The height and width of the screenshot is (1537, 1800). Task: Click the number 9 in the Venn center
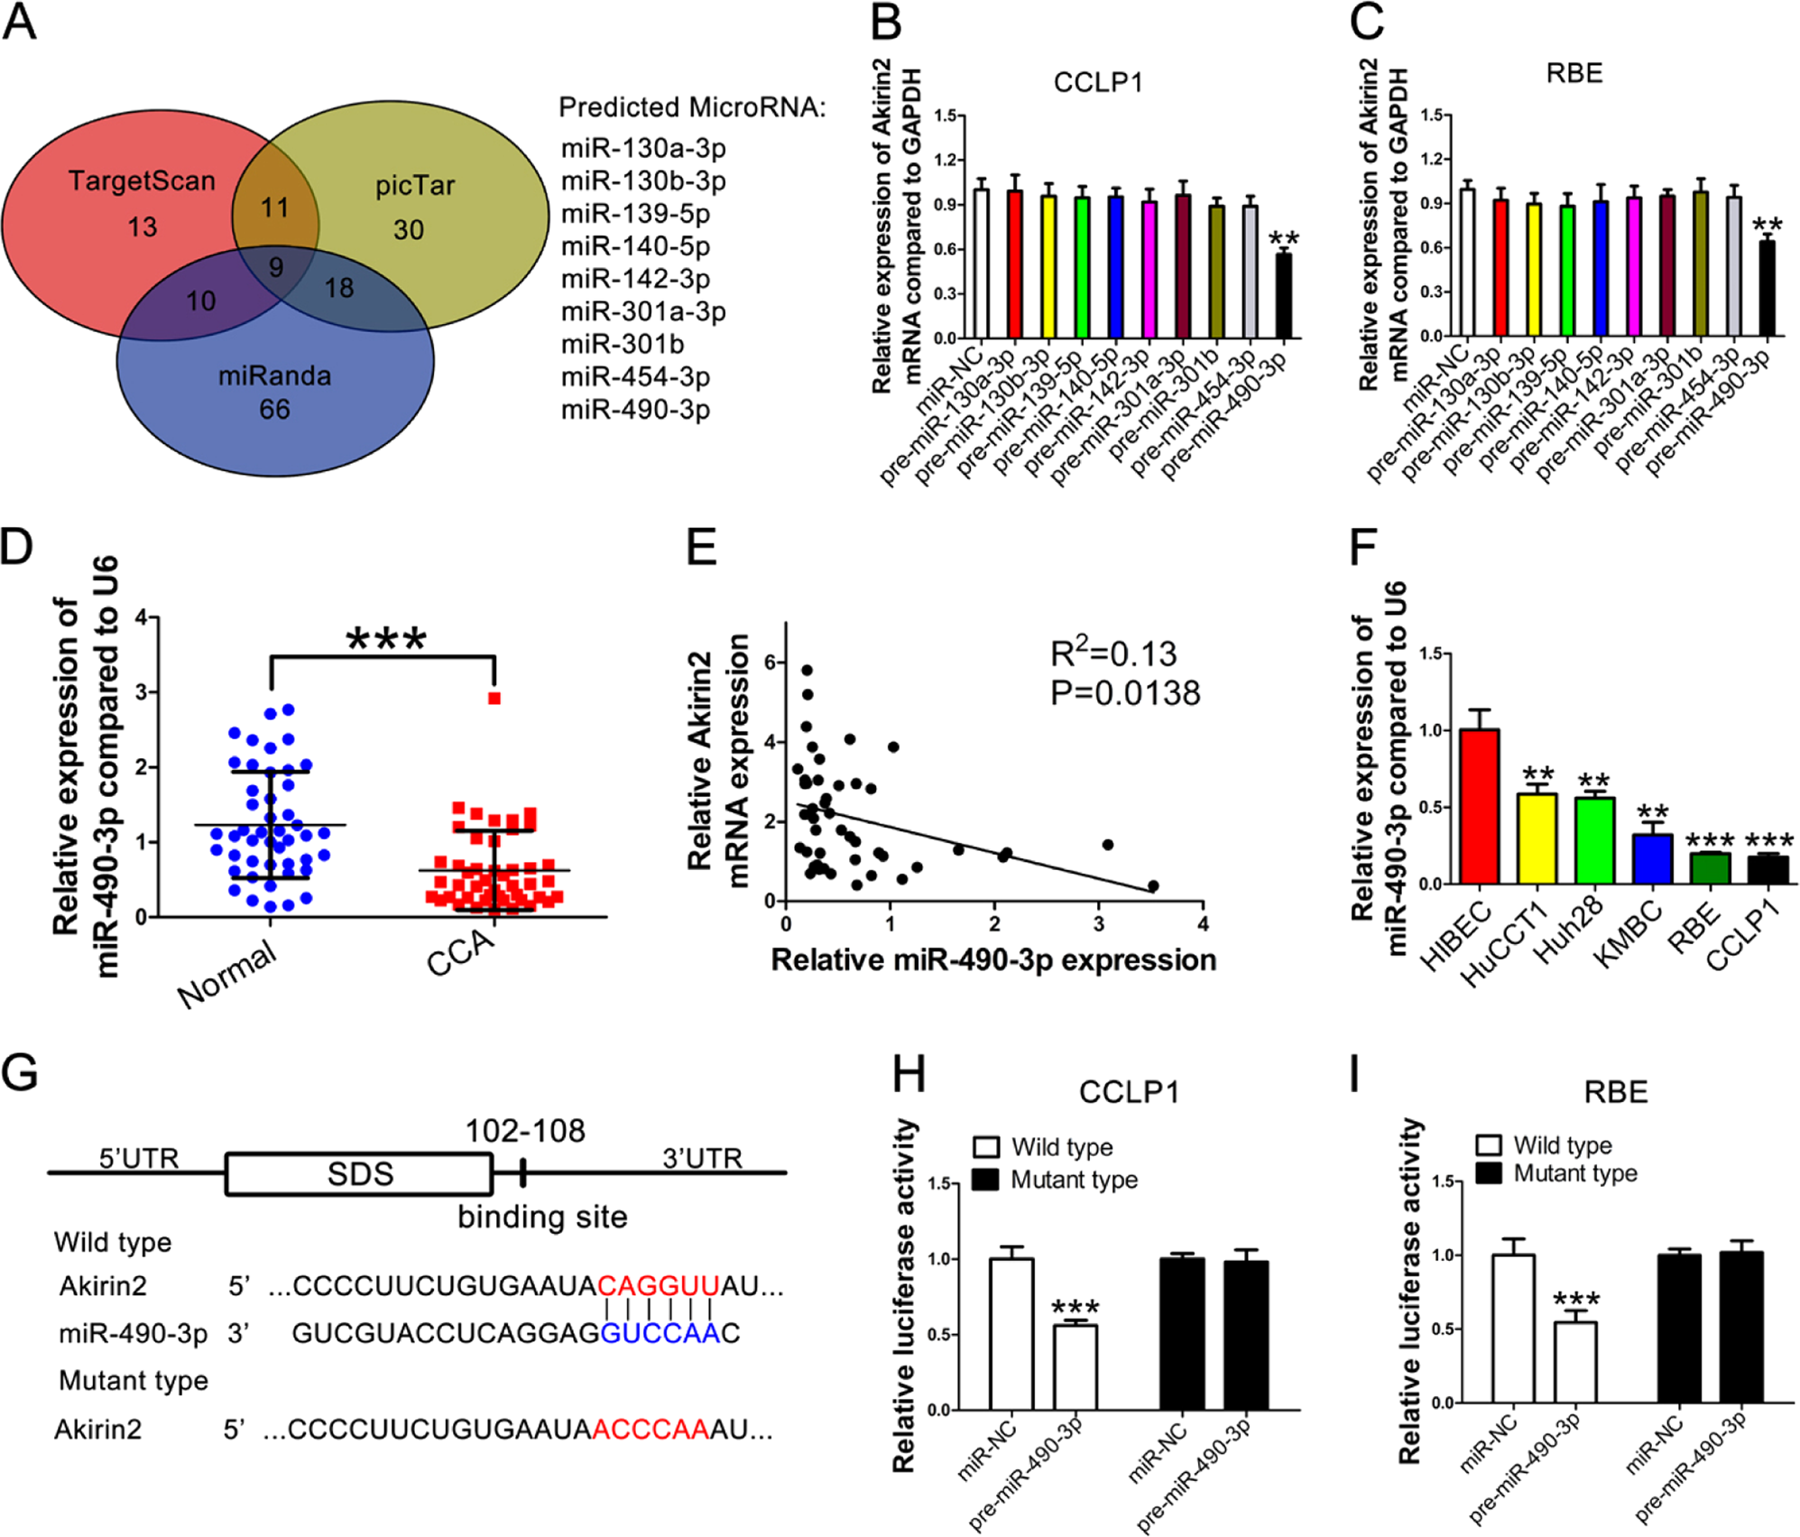click(276, 267)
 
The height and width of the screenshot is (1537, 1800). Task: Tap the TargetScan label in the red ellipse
click(142, 181)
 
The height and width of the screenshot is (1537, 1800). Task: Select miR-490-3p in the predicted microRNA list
click(635, 410)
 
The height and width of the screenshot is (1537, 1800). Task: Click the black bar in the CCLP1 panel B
click(1282, 296)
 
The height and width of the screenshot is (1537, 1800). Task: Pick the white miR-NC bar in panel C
click(1467, 262)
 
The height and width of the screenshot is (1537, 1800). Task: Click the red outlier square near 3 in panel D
click(494, 699)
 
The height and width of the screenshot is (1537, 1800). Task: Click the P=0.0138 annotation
click(1125, 693)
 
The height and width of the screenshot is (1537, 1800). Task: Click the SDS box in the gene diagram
click(359, 1174)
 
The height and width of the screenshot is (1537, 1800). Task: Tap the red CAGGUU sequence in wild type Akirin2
click(658, 1285)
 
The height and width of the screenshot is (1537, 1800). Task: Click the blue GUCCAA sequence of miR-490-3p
click(660, 1333)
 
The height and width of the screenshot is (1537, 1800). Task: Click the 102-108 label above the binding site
click(524, 1131)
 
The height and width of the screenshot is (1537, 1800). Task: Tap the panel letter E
click(702, 548)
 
